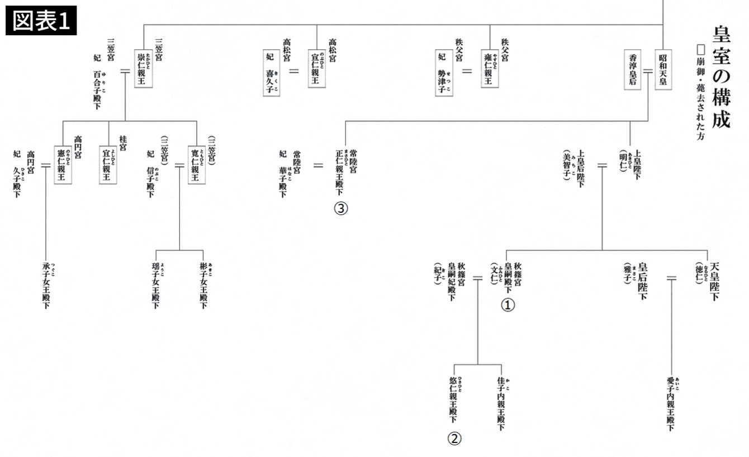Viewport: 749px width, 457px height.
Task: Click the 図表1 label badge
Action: pos(41,21)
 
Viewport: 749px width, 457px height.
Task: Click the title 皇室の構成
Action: pos(722,76)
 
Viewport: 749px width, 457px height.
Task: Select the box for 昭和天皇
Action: pos(662,70)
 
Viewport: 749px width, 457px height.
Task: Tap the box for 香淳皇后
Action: pos(633,70)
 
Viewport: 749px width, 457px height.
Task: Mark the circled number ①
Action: pos(508,305)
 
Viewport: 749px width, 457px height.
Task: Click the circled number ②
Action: pos(454,439)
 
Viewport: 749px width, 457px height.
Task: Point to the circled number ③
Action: pos(341,208)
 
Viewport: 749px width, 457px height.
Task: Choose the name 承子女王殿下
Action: pos(46,285)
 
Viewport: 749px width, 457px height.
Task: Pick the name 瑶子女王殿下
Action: pos(156,285)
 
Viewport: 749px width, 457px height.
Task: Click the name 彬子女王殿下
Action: pos(203,285)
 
